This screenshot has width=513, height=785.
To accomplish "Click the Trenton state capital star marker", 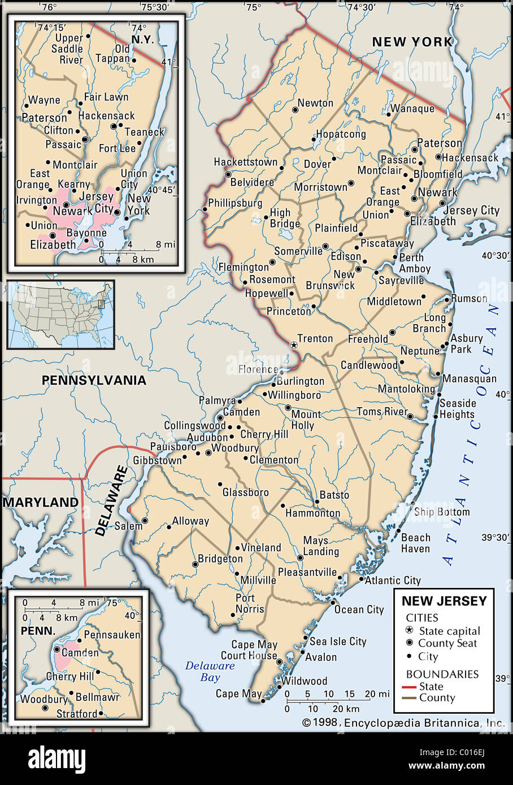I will (293, 344).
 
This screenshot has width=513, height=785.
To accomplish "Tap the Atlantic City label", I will (393, 580).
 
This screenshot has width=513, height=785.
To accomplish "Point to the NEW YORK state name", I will (412, 41).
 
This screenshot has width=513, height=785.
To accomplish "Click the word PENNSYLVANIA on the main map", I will (94, 380).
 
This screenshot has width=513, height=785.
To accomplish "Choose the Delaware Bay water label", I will (210, 671).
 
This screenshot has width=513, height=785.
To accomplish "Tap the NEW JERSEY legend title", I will (444, 601).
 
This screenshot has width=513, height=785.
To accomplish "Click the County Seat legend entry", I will (447, 643).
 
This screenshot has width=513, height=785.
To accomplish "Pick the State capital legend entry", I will (449, 631).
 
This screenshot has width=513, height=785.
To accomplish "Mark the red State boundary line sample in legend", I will (410, 687).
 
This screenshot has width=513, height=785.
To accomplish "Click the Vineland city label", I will (261, 547).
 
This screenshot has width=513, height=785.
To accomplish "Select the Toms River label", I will (382, 411).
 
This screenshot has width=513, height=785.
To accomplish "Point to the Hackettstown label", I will (245, 162).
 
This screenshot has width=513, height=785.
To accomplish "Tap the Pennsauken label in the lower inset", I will (112, 634).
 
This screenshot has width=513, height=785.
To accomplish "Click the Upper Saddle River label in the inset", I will (67, 49).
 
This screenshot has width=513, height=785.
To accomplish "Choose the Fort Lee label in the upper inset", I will (117, 149).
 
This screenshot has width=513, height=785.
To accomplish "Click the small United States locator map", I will (61, 315).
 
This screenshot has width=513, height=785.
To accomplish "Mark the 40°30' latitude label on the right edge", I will (495, 256).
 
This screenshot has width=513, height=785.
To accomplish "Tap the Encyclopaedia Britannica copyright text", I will (403, 722).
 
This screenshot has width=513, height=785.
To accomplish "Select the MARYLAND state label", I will (41, 502).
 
